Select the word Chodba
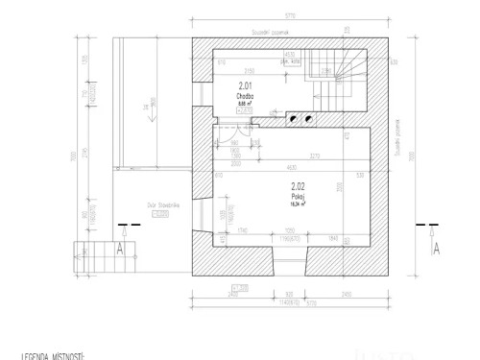244,98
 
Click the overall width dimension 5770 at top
290,16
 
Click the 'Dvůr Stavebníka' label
157,204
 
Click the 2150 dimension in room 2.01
248,71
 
